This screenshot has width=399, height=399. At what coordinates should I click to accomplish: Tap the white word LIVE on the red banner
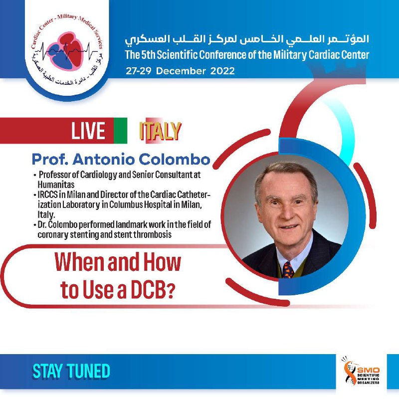(x=88, y=131)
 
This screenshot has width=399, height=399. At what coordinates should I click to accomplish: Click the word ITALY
(x=160, y=131)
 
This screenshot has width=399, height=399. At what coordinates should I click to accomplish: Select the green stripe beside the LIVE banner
(x=120, y=131)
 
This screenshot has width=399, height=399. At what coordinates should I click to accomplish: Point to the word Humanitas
(x=56, y=184)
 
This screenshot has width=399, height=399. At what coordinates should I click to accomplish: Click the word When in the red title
(x=80, y=262)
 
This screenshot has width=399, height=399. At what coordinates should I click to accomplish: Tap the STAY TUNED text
(x=71, y=371)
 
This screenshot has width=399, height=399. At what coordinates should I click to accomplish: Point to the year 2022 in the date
(x=222, y=71)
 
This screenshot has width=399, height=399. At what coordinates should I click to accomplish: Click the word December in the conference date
(x=181, y=71)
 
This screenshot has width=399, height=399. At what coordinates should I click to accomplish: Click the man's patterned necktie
(x=288, y=270)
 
